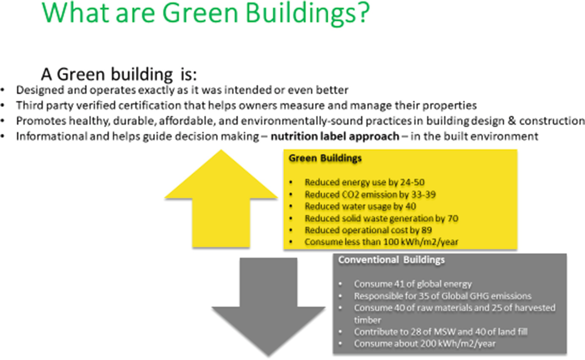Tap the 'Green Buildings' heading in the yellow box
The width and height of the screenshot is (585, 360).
pyautogui.click(x=325, y=158)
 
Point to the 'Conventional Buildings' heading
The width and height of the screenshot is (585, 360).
pyautogui.click(x=391, y=260)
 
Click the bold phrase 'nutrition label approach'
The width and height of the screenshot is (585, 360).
pyautogui.click(x=335, y=136)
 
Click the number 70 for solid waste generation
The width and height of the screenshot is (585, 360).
pyautogui.click(x=453, y=218)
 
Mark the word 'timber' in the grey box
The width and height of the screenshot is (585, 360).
pyautogui.click(x=367, y=320)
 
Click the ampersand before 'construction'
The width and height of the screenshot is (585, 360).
pyautogui.click(x=512, y=121)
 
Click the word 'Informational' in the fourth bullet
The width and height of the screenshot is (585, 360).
pyautogui.click(x=52, y=136)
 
